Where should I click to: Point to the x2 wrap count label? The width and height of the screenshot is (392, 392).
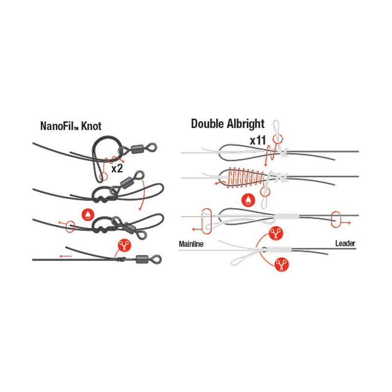(x=117, y=169)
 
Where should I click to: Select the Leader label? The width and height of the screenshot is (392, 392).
(x=345, y=243)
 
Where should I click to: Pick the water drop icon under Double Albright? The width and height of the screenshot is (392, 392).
(x=248, y=200)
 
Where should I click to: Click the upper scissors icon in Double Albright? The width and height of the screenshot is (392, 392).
(x=275, y=234)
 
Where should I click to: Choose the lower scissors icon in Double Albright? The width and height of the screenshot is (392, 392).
(x=282, y=265)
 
